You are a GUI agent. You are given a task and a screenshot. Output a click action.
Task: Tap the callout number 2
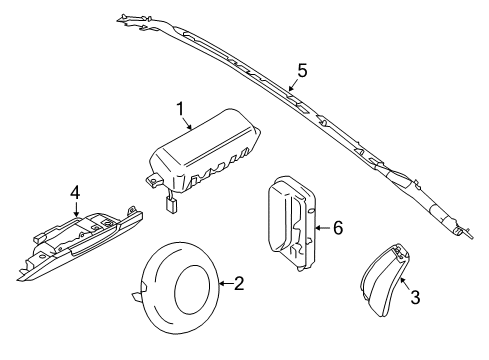[x=239, y=284]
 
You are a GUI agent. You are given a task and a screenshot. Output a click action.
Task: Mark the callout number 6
[x=338, y=228]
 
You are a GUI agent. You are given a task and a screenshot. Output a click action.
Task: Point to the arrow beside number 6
[x=322, y=228]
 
